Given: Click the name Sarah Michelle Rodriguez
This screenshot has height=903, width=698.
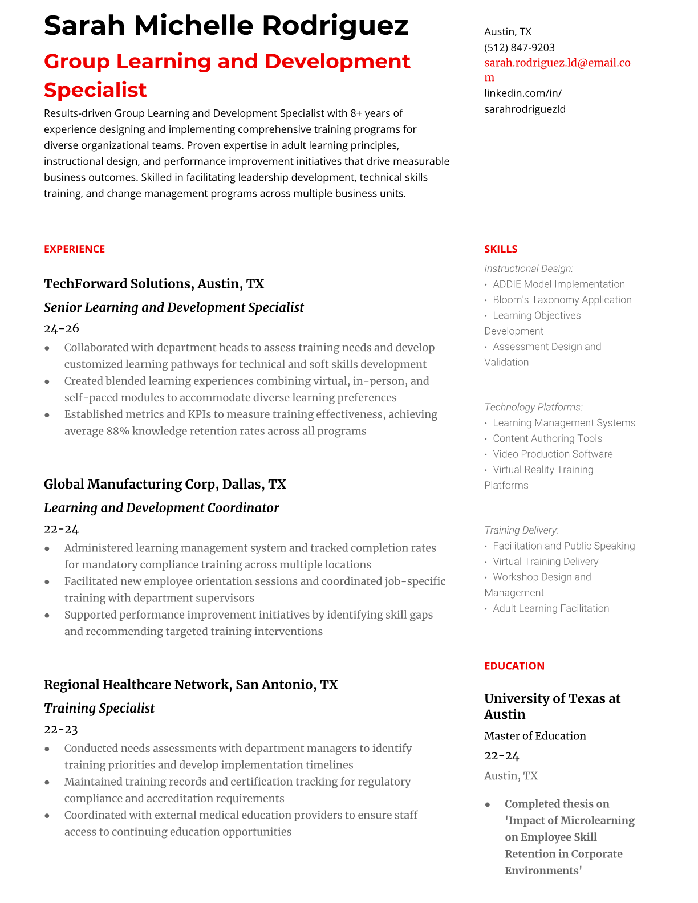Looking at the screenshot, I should [x=226, y=26].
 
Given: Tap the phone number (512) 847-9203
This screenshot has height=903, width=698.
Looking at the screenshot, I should [x=519, y=47].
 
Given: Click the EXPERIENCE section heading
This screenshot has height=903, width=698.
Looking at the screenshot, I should [x=74, y=249].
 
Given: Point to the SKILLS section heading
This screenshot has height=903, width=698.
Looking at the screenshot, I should [x=500, y=249].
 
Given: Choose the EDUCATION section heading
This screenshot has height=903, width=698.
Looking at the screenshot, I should [x=514, y=666].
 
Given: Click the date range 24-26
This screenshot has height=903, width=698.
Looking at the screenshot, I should [x=61, y=328].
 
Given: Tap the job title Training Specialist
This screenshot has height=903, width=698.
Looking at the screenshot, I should [x=99, y=708].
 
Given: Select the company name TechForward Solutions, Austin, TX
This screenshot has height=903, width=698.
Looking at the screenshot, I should [x=154, y=284].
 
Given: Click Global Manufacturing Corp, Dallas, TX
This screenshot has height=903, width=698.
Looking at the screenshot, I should [x=165, y=484].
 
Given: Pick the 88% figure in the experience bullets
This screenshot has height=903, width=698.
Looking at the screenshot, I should [x=117, y=431].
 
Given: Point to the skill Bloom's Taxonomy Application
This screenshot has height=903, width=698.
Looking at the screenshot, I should [x=562, y=300].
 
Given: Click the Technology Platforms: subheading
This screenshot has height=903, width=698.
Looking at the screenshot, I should [x=533, y=407].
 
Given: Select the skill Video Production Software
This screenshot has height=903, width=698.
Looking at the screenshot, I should [x=553, y=454].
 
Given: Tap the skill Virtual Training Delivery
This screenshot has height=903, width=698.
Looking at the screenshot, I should [x=545, y=562].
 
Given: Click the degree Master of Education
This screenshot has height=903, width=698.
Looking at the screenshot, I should [x=535, y=736].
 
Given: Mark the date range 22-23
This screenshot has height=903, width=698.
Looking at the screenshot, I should [x=60, y=729].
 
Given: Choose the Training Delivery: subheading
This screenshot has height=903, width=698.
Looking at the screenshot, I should [x=521, y=530].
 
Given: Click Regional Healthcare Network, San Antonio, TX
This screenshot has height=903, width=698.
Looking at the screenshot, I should [x=190, y=684].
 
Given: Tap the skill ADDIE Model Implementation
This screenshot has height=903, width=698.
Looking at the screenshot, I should [x=558, y=284].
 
